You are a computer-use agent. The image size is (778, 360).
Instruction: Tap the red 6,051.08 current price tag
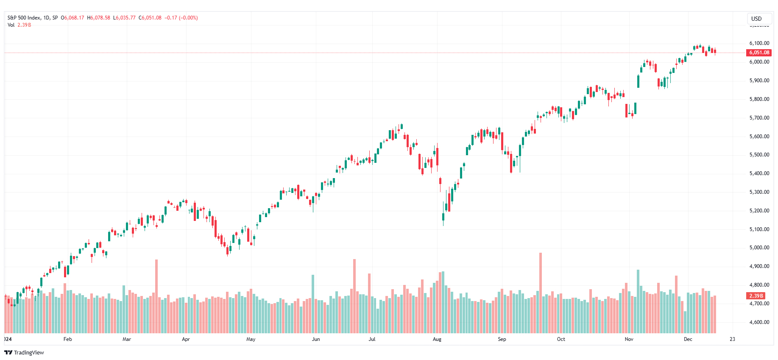click(x=759, y=53)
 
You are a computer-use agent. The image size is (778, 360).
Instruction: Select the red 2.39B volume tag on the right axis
click(x=756, y=296)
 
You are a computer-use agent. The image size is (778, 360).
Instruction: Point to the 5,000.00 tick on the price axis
click(x=759, y=248)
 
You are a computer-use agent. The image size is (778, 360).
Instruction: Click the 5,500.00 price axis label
click(x=759, y=155)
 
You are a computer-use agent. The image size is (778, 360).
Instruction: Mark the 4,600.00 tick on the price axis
click(x=759, y=322)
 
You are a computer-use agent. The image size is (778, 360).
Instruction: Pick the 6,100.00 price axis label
click(x=759, y=43)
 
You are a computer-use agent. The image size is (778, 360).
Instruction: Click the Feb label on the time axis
click(x=68, y=339)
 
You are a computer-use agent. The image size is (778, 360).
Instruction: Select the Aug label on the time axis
click(x=437, y=339)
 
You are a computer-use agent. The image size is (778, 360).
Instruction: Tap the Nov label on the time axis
click(x=629, y=339)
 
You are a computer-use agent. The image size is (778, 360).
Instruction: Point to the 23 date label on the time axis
click(x=732, y=339)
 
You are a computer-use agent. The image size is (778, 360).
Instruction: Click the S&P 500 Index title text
click(x=24, y=18)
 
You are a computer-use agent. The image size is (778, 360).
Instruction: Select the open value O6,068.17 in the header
click(x=73, y=18)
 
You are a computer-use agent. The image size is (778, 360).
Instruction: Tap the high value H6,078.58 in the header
click(x=98, y=18)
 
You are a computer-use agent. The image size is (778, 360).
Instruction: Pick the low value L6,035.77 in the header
click(x=124, y=18)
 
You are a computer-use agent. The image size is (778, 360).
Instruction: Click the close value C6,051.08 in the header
click(x=150, y=18)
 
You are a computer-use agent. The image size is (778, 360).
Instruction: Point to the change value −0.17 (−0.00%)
click(x=181, y=18)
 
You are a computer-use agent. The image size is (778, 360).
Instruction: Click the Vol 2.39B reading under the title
click(x=19, y=25)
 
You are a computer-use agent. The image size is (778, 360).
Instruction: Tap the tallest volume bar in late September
click(x=541, y=293)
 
